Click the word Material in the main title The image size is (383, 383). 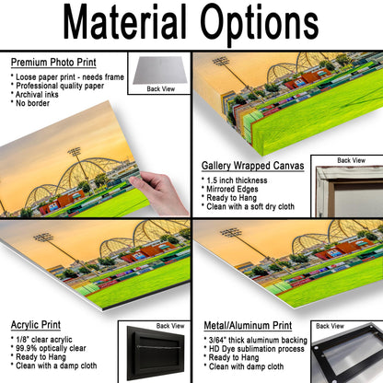124,21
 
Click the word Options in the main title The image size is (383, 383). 260,25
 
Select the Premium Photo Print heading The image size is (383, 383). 53,63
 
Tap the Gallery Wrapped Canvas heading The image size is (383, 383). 252,166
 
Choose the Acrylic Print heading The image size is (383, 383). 36,325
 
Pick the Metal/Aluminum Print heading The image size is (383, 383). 248,326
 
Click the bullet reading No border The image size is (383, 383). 32,103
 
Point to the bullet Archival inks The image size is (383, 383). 37,95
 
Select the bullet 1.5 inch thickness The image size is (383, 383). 237,180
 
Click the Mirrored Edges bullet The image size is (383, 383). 232,189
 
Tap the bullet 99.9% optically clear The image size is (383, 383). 51,348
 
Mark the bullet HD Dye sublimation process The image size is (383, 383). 257,349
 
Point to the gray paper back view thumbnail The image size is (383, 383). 160,70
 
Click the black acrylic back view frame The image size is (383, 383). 156,354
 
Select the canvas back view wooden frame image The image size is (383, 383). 349,191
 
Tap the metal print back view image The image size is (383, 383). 347,353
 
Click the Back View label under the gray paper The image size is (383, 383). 160,89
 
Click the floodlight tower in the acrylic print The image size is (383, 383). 57,251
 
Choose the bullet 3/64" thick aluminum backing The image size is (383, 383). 258,341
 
